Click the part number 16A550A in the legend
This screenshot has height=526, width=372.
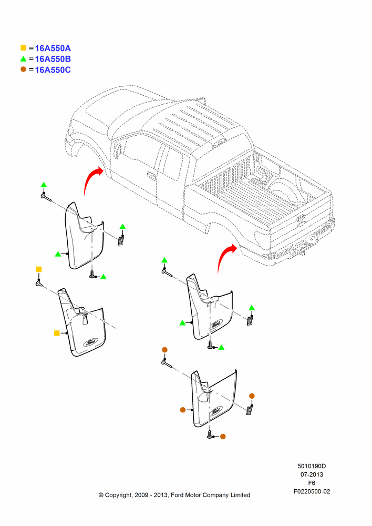(53, 48)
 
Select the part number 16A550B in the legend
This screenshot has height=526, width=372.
(53, 59)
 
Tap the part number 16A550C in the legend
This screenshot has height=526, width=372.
(53, 70)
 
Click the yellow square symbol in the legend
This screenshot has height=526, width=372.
(23, 48)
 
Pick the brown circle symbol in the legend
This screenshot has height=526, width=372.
(23, 69)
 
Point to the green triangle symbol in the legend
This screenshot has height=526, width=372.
(23, 59)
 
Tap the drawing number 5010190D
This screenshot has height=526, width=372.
(312, 466)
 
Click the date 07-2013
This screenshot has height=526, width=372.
(312, 474)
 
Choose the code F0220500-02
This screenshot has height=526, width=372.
(312, 491)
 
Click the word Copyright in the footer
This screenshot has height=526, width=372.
(119, 495)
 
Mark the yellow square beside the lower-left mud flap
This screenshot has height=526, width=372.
(57, 333)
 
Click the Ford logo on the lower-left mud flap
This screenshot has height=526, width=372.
(90, 342)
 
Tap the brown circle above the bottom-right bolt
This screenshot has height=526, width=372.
(164, 350)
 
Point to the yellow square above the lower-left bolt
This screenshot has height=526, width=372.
(39, 269)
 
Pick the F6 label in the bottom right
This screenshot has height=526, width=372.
(312, 483)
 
